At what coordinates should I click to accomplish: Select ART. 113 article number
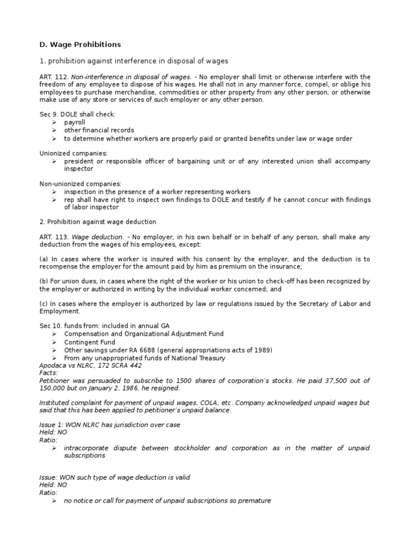[x=54, y=237]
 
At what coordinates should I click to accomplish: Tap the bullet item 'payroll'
[x=74, y=122]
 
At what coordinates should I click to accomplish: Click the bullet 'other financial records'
[x=98, y=130]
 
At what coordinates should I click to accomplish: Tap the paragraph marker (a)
[x=44, y=259]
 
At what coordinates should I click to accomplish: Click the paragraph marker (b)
[x=44, y=281]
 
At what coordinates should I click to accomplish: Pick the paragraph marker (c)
[x=44, y=304]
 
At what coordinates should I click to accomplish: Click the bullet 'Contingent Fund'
[x=90, y=342]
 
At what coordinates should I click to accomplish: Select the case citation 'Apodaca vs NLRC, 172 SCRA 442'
[x=91, y=365]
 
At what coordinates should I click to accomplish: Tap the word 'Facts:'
[x=49, y=373]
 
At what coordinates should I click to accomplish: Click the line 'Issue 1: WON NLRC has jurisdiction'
[x=110, y=425]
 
